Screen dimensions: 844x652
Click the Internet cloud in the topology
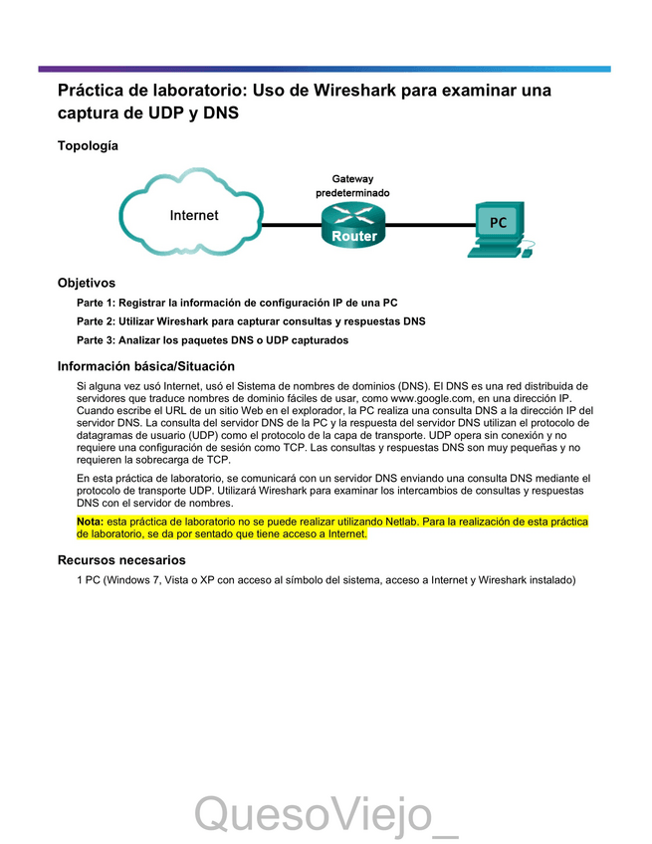(x=192, y=214)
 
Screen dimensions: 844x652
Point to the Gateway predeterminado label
(x=353, y=185)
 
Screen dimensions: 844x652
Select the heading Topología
(x=88, y=145)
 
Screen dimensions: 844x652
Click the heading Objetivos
(x=87, y=283)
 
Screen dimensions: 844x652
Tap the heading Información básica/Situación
(x=146, y=365)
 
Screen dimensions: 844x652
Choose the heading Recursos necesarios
(x=121, y=560)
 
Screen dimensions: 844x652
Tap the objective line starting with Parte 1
(x=238, y=302)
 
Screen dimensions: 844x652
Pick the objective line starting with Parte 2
(x=251, y=321)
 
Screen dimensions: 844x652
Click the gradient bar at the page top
(x=325, y=69)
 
